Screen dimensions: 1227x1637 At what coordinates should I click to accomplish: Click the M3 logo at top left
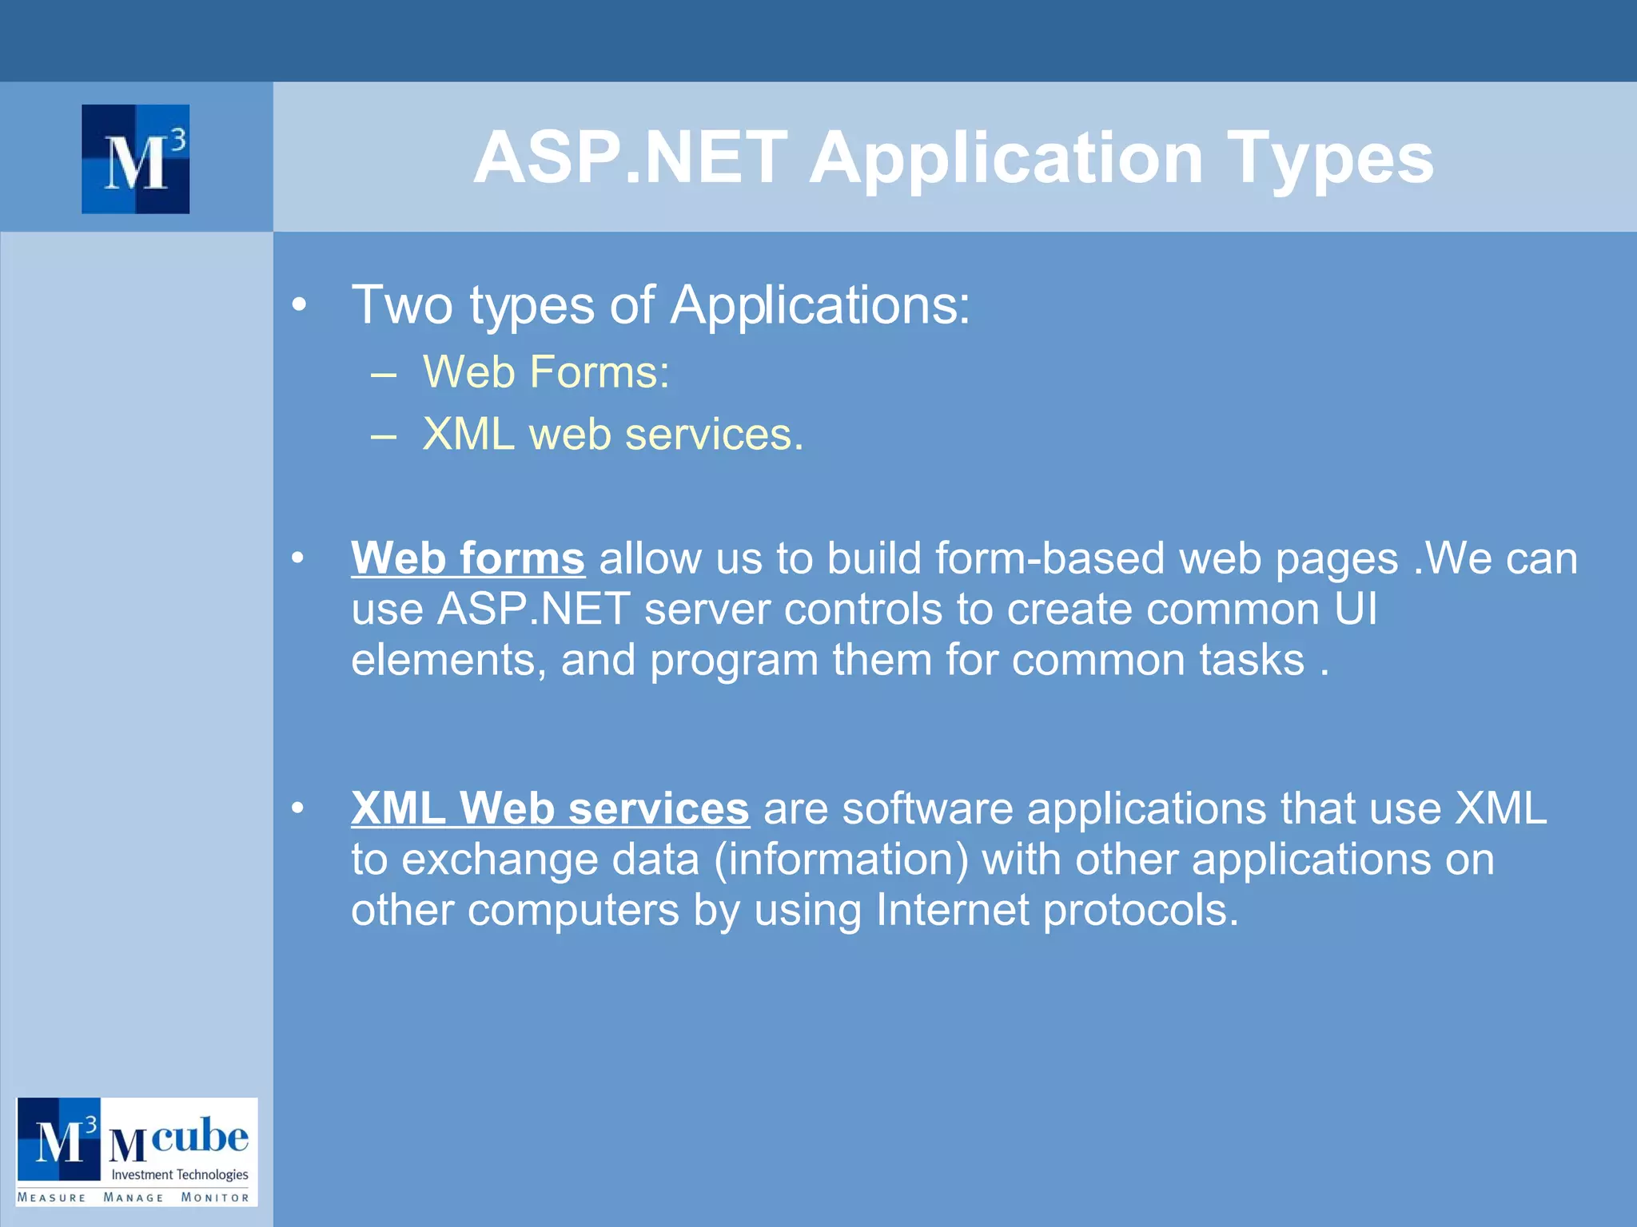135,159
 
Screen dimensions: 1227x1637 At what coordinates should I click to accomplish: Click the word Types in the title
1330,159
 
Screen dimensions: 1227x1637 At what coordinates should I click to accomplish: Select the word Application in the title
1006,159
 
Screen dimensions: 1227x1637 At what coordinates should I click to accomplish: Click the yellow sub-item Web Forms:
546,372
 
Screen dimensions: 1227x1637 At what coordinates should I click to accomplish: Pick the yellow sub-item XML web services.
612,435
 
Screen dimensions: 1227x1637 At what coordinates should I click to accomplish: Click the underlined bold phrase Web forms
468,558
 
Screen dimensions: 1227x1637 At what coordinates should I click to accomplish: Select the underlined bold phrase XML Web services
550,808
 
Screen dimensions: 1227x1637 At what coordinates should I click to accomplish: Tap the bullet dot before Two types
299,304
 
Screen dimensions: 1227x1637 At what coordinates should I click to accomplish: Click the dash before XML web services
384,436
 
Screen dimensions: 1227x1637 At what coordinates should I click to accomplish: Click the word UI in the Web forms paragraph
1356,609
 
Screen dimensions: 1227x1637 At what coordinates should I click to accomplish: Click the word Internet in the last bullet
952,910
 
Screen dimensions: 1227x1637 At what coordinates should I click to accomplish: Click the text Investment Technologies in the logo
179,1174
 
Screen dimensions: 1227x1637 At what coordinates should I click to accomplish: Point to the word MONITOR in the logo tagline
215,1197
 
